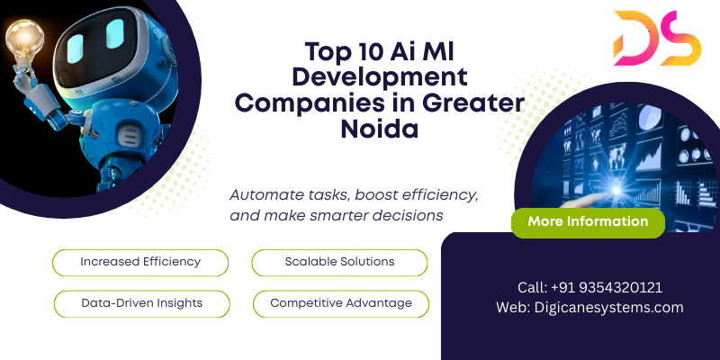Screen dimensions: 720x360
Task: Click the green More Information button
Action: coord(588,222)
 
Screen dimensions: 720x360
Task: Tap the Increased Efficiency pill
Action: coord(140,263)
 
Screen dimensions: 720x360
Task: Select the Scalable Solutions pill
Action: coord(339,263)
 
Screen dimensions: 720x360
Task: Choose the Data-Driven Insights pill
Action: coord(142,304)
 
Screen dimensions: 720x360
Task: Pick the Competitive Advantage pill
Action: coord(341,304)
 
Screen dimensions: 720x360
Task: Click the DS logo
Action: coord(657,38)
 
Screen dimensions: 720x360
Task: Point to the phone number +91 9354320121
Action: coord(607,287)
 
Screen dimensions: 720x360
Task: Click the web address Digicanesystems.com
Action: coord(608,307)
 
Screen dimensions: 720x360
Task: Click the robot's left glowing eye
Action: coord(76,49)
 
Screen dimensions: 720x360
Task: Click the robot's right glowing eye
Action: coord(115,33)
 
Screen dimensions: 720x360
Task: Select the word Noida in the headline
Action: coord(379,130)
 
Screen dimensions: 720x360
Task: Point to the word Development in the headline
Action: coord(380,77)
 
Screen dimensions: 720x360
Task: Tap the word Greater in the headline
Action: coord(473,103)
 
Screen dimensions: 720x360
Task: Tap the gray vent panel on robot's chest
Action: coord(127,137)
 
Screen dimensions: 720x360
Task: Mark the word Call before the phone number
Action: coord(533,287)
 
